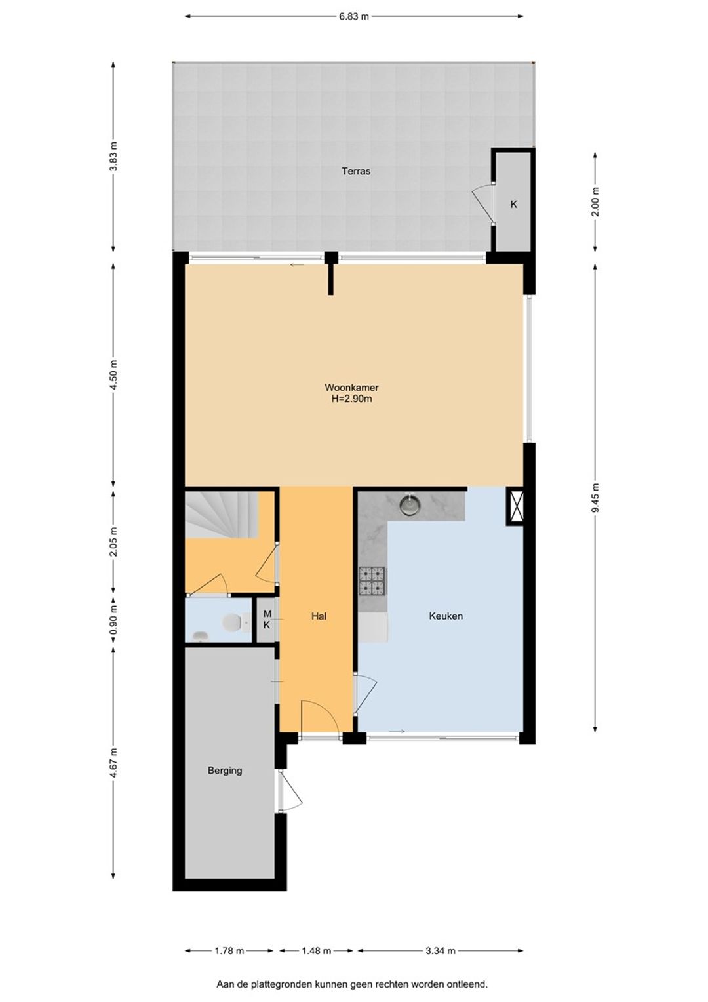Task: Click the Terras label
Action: click(356, 171)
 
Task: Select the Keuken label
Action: click(446, 616)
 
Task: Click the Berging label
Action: click(224, 771)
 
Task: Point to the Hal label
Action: click(319, 616)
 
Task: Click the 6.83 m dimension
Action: click(354, 17)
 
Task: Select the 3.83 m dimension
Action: click(115, 155)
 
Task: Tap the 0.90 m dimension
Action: click(115, 620)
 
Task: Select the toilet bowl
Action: click(233, 622)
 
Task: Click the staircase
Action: click(222, 514)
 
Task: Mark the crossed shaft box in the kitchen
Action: click(515, 506)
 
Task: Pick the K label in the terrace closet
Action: click(514, 205)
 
